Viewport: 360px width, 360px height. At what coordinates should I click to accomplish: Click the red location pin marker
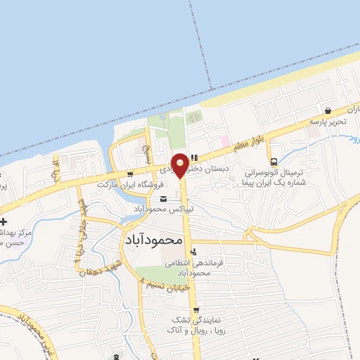point(180,164)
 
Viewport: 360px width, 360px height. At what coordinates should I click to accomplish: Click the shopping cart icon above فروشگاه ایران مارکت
point(130,174)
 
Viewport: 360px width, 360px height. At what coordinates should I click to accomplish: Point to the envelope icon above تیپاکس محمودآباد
point(163,198)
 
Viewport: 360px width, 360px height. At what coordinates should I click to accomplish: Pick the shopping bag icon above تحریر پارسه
point(328,110)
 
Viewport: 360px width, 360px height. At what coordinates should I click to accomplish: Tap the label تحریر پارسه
point(327,122)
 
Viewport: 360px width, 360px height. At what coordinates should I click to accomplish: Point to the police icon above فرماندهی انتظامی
point(193,251)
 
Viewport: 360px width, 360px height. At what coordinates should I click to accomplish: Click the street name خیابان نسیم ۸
point(163,283)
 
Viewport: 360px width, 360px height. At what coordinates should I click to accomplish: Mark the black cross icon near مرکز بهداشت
point(4,222)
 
